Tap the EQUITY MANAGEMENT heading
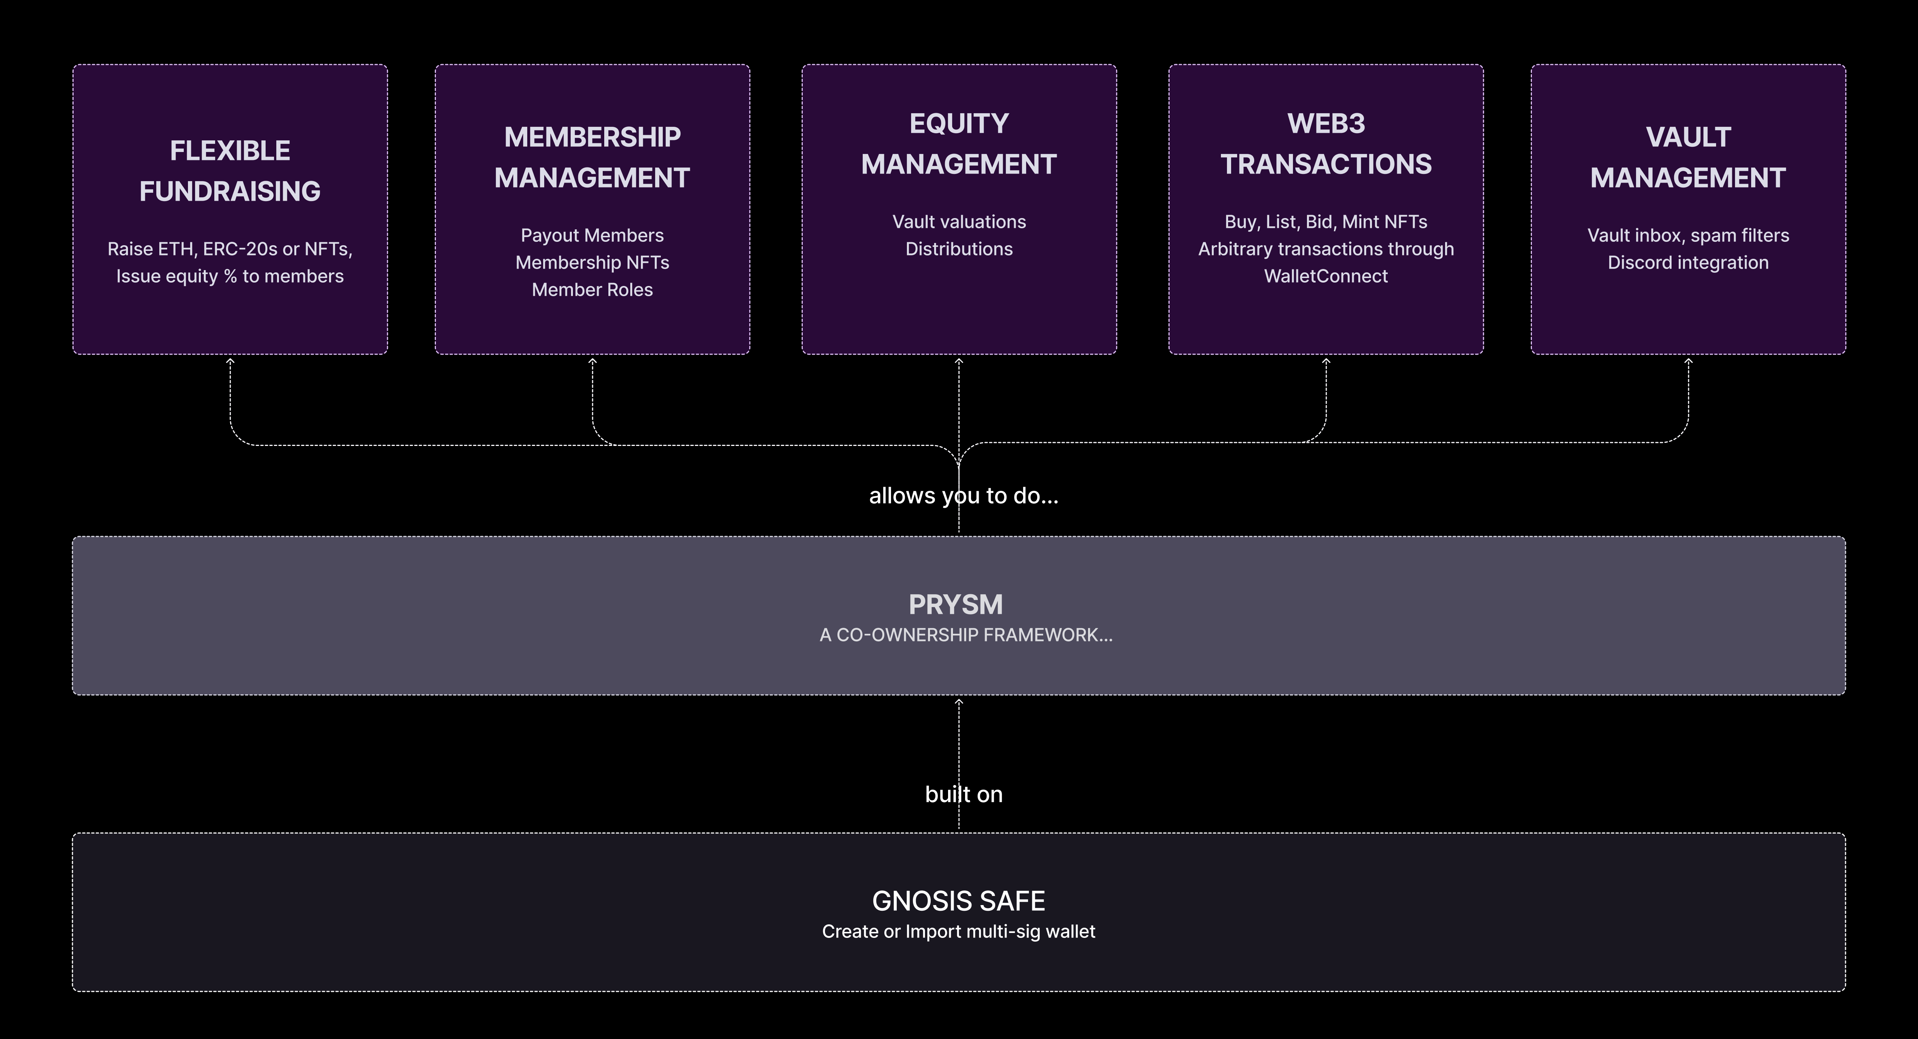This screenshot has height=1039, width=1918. coord(959,144)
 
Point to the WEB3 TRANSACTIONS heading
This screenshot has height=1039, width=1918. coord(1326,144)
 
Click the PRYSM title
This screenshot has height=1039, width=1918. coord(956,604)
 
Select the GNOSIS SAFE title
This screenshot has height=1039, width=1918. coord(958,901)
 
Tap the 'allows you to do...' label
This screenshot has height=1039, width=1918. coord(964,496)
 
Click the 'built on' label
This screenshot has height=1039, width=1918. coord(964,794)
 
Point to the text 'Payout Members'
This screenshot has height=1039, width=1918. coord(592,235)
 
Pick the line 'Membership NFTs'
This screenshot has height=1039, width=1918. coord(592,263)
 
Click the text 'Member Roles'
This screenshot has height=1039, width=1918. coord(592,289)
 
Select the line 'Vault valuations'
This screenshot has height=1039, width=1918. coord(959,222)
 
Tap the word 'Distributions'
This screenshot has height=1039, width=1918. coord(959,249)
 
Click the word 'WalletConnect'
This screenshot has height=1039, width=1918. coord(1326,276)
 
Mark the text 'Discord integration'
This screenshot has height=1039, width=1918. coord(1688,263)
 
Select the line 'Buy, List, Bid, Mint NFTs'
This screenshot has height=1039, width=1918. coord(1326,222)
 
